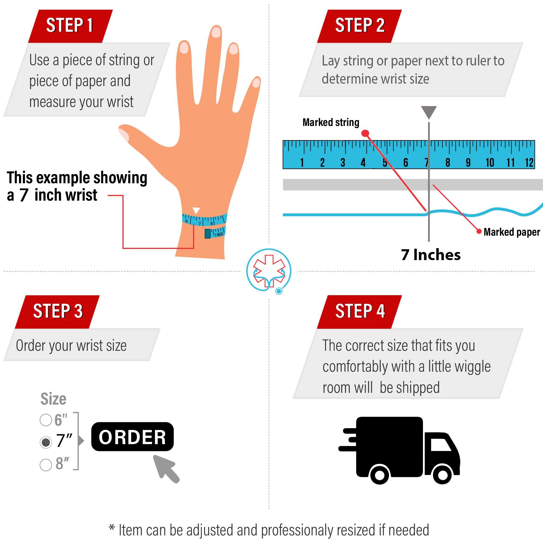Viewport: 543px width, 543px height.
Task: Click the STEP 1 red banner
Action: (x=70, y=26)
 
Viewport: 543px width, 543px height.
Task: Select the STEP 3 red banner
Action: (x=58, y=311)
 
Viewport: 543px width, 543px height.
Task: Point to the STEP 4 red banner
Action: (x=359, y=311)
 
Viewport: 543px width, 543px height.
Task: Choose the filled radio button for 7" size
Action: (x=46, y=442)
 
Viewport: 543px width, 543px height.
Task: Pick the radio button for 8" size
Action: (x=46, y=465)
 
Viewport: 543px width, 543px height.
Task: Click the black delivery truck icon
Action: (x=399, y=450)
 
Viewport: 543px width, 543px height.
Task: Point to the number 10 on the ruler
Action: (x=490, y=162)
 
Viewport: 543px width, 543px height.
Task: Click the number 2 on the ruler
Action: (x=322, y=162)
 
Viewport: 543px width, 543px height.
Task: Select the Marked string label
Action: (x=331, y=122)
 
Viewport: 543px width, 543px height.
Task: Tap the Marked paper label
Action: (x=512, y=232)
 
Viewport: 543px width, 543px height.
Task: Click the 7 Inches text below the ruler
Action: (x=431, y=255)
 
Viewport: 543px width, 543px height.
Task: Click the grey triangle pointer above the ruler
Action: (x=429, y=112)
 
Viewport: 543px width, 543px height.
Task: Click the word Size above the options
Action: (x=53, y=399)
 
